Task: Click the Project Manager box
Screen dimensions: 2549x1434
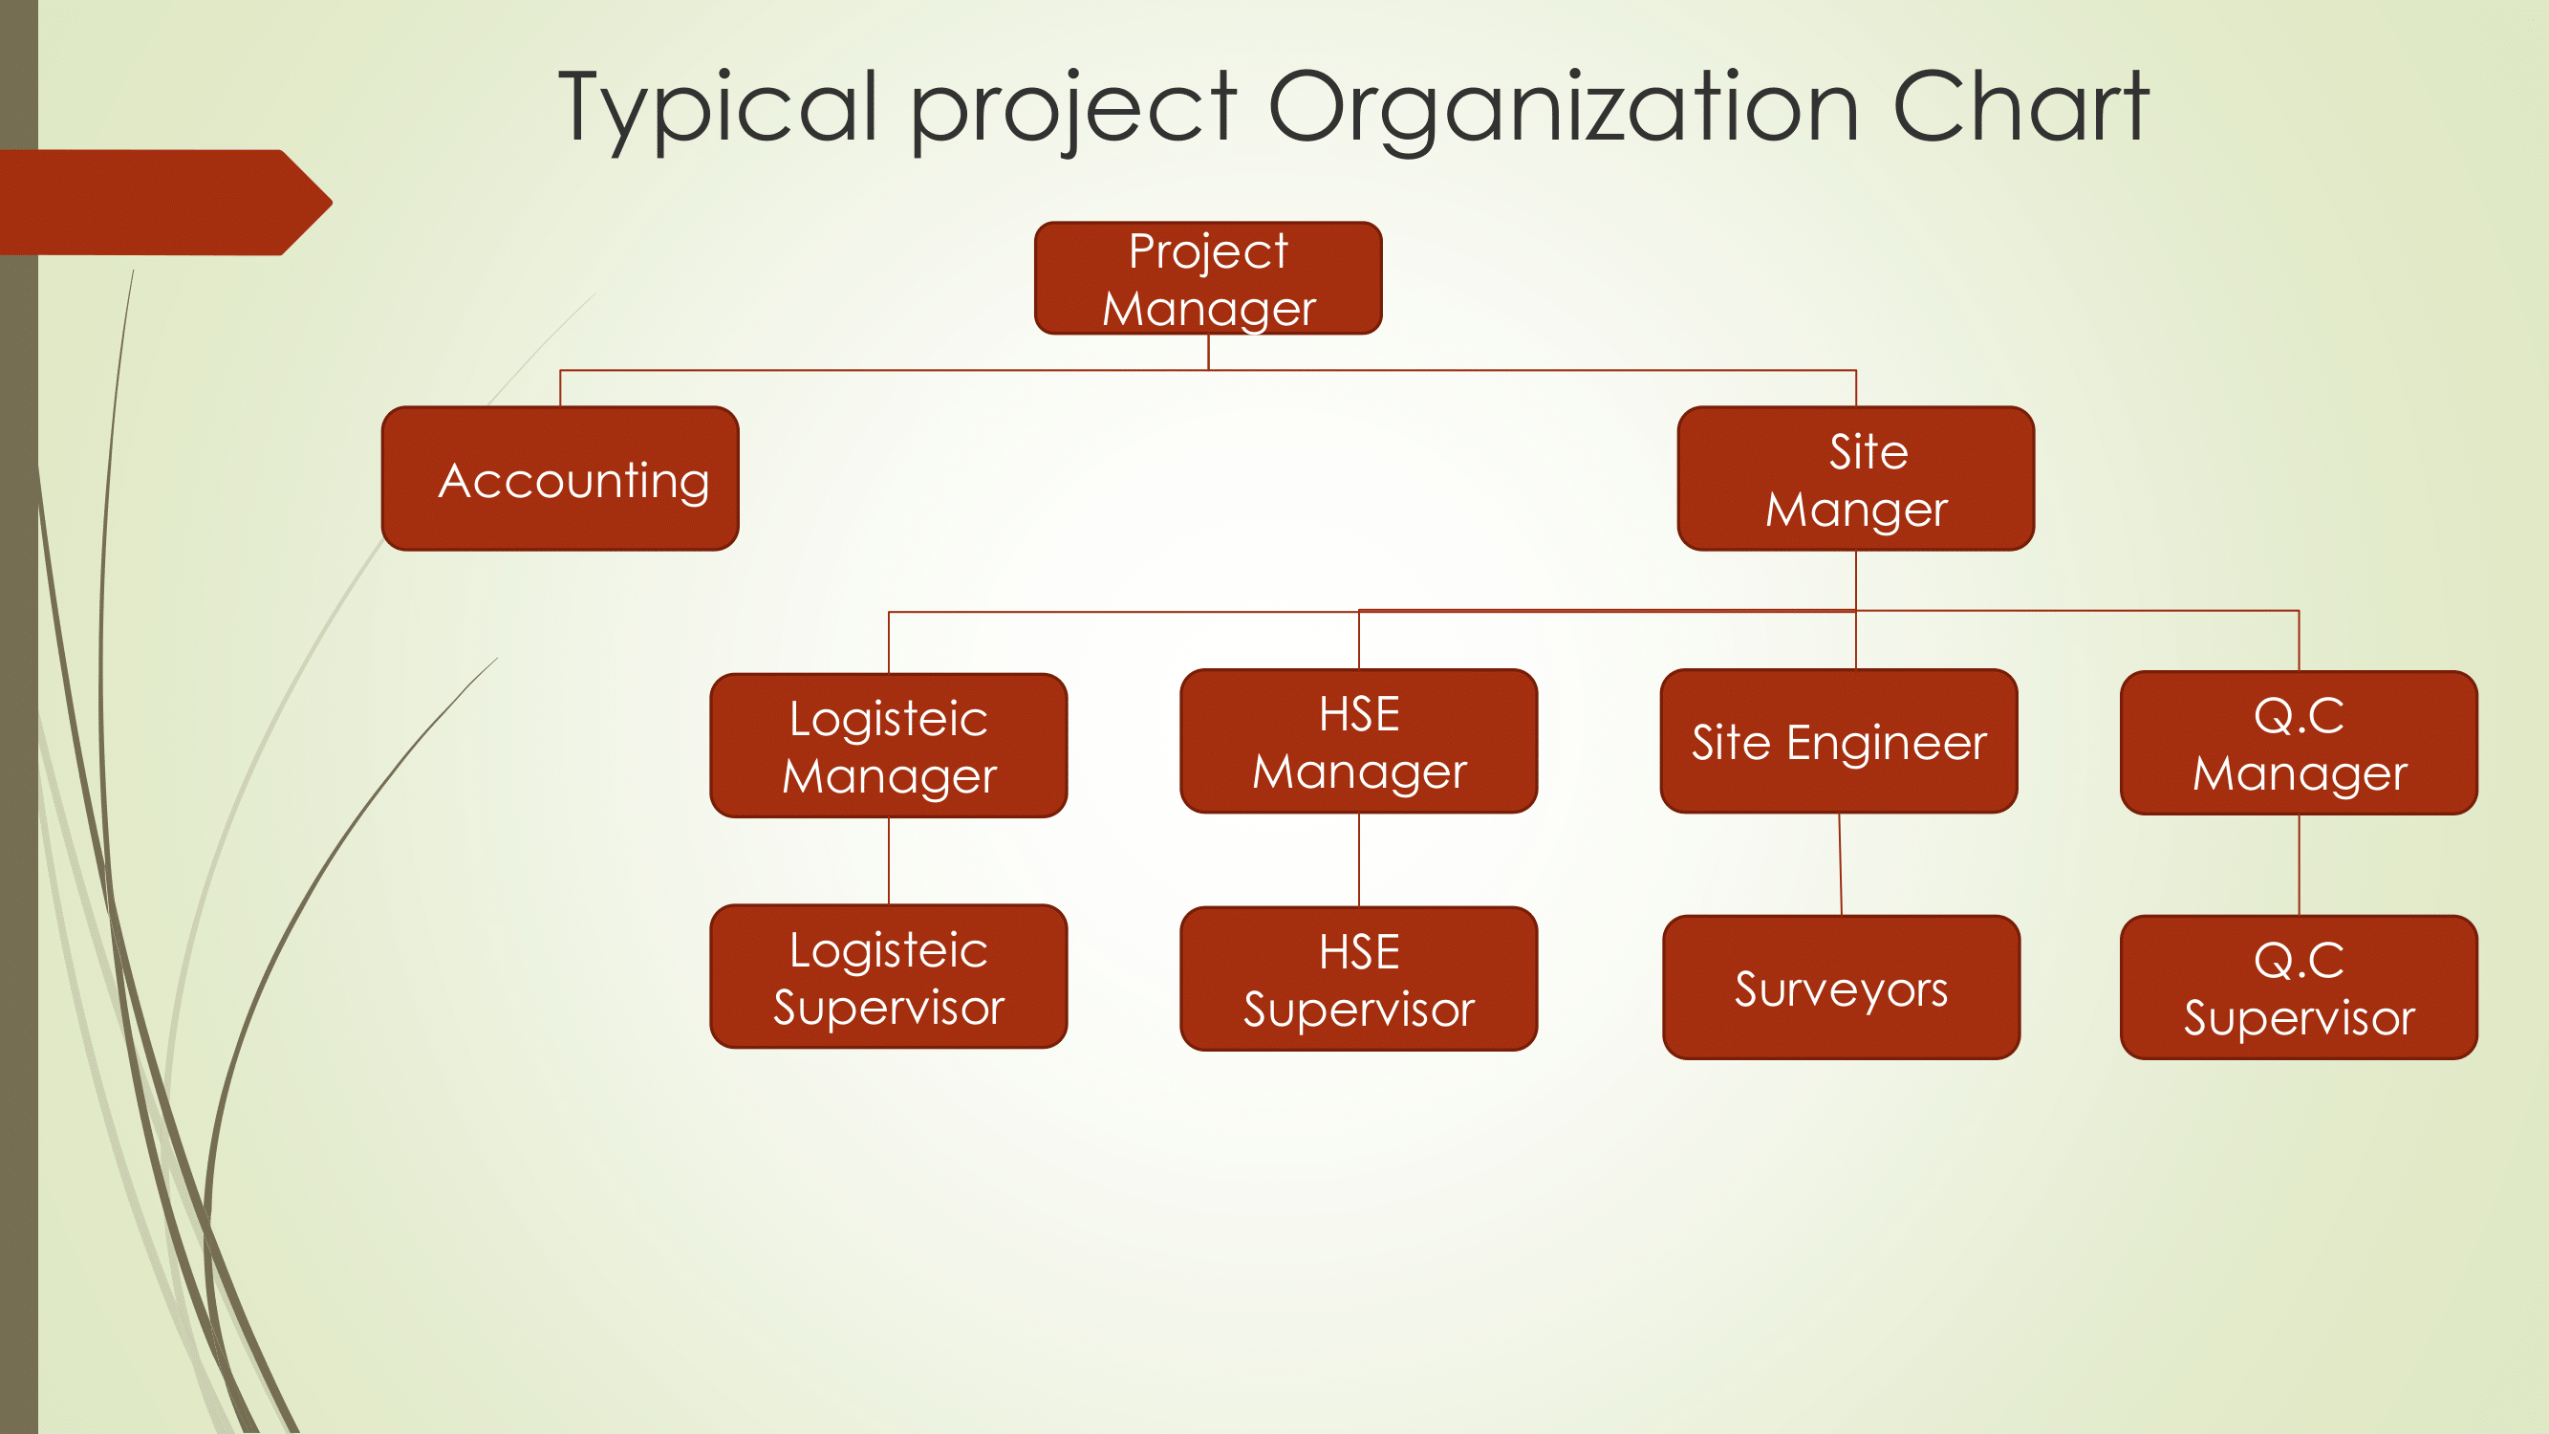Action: (1208, 278)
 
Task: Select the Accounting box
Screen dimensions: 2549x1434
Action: (560, 478)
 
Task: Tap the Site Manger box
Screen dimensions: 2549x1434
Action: (1856, 478)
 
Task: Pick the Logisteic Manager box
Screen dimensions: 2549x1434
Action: (889, 746)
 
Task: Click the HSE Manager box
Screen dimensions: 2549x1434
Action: (1359, 741)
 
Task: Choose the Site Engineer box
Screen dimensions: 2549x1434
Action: (1839, 741)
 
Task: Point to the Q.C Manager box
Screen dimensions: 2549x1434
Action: (2299, 743)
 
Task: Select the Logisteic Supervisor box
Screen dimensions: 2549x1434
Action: (889, 977)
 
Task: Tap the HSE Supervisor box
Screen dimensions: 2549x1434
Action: (1359, 979)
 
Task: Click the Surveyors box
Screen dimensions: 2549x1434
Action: (1842, 988)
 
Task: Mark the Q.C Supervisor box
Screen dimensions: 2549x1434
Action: (2299, 988)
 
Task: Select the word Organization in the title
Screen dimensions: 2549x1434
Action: (1564, 109)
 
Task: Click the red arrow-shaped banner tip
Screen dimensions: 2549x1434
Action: (333, 203)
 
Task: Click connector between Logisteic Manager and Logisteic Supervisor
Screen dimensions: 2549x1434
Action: (889, 861)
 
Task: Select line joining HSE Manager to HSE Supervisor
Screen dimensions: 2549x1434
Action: (1359, 860)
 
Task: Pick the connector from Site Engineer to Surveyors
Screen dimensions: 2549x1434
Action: (1841, 864)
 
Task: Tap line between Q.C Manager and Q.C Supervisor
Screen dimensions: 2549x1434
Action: (2299, 866)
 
